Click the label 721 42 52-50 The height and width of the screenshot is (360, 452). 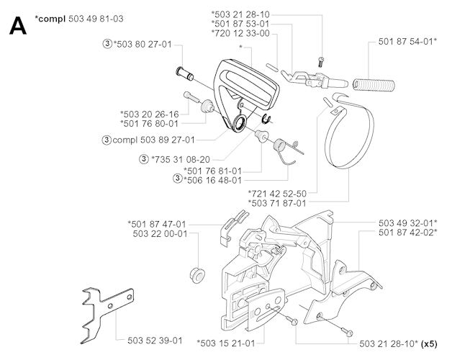coord(277,193)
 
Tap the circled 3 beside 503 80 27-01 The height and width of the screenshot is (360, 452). coord(107,45)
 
